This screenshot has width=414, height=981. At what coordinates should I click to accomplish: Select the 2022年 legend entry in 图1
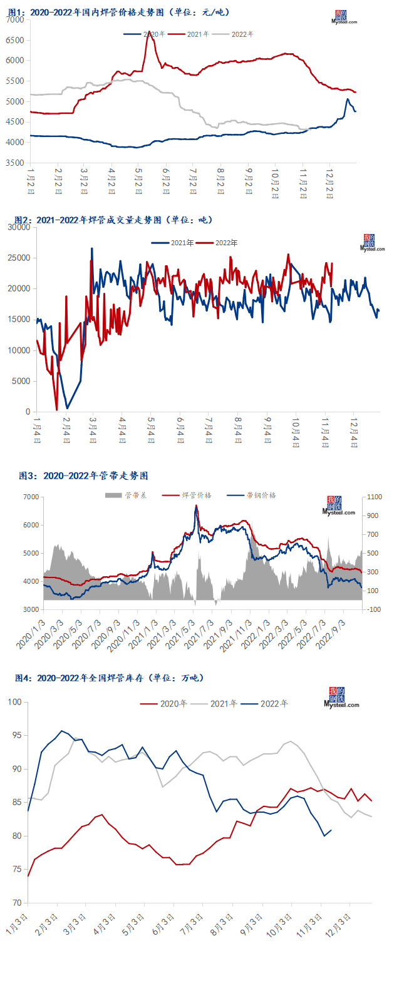pyautogui.click(x=242, y=34)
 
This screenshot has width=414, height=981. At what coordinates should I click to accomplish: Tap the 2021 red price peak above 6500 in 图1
pyautogui.click(x=149, y=34)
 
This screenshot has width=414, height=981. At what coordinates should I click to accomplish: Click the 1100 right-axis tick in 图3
pyautogui.click(x=373, y=497)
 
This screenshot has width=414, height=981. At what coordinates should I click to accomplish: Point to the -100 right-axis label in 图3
pyautogui.click(x=373, y=609)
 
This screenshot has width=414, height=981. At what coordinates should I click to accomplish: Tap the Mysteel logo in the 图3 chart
pyautogui.click(x=339, y=506)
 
